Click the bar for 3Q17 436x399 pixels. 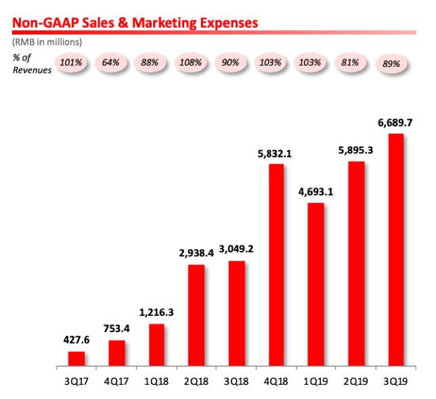[x=77, y=359]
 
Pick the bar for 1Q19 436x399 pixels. [x=315, y=285]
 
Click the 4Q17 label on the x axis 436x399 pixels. [x=116, y=382]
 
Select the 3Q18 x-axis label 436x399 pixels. [x=236, y=382]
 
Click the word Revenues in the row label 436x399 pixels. [x=32, y=70]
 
